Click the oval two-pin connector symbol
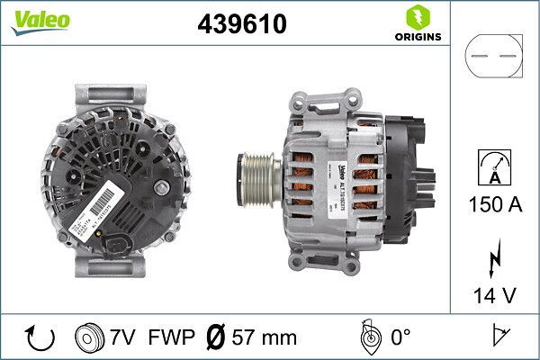[493, 57]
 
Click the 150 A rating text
[494, 205]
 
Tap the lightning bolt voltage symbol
[494, 261]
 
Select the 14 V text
[494, 294]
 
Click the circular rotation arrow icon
[40, 337]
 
